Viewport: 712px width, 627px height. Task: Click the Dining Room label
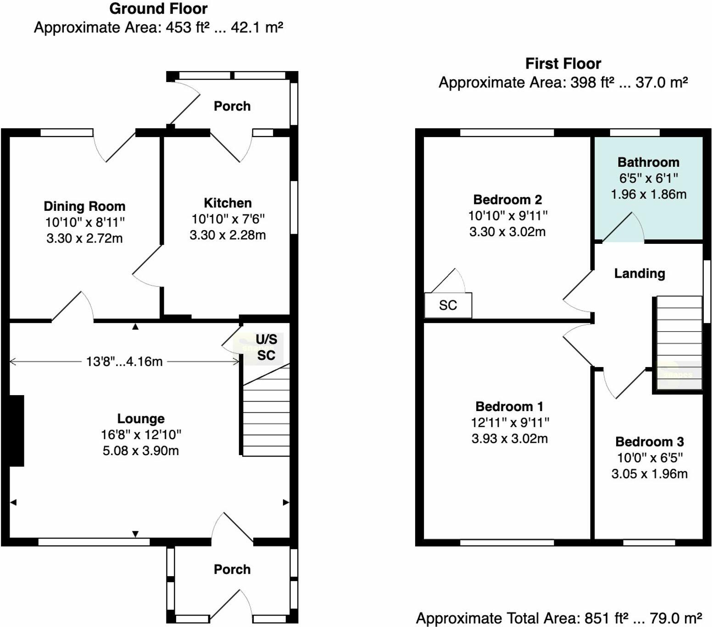(84, 206)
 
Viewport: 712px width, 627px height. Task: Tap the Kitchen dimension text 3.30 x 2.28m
(228, 235)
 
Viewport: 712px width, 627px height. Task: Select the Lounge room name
(141, 418)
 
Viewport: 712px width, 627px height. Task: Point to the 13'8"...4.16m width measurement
(124, 362)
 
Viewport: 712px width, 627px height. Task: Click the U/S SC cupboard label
(266, 347)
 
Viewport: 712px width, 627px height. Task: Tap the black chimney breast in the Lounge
(17, 431)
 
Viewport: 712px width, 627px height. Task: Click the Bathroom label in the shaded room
(648, 162)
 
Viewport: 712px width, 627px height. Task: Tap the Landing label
(640, 274)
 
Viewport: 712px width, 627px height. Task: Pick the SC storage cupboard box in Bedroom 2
(448, 305)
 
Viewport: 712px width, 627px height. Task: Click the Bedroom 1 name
(509, 407)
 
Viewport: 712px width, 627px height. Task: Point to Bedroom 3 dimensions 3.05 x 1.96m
(649, 474)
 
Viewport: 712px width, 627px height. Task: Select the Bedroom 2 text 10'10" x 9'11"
(508, 215)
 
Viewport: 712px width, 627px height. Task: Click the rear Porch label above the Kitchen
(232, 106)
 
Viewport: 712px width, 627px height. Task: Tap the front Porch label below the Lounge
(232, 570)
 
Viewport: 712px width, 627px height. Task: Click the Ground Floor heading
(158, 9)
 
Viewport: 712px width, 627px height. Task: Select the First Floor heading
(563, 64)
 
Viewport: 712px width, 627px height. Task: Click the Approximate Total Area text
(559, 618)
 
